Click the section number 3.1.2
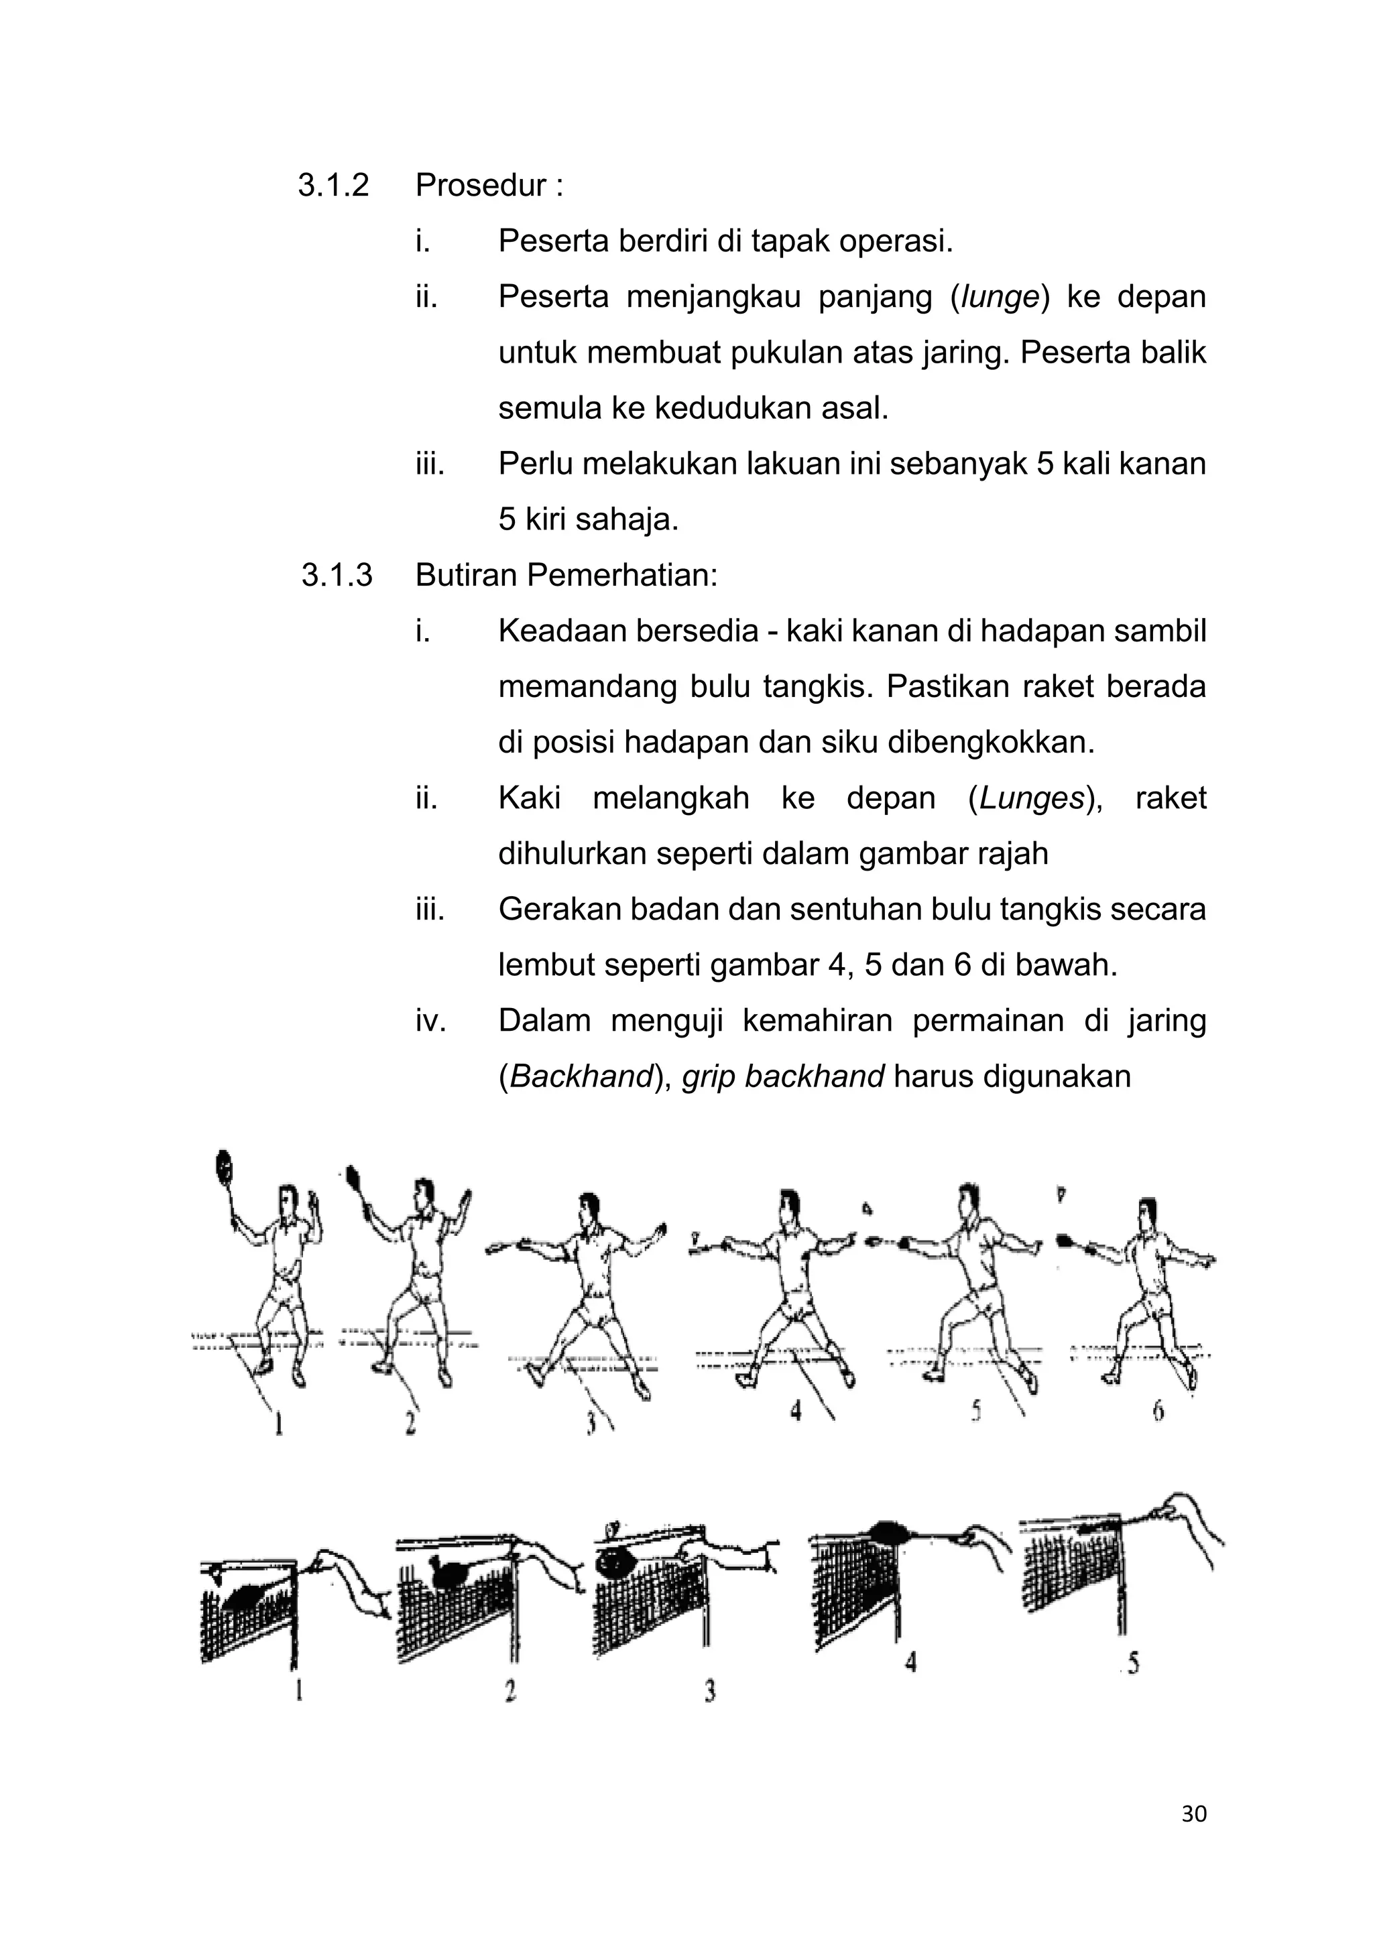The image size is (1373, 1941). click(x=333, y=185)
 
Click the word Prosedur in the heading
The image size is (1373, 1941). click(x=480, y=185)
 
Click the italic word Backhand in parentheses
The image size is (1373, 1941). click(x=582, y=1077)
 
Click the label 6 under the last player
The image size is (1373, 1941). click(x=1159, y=1412)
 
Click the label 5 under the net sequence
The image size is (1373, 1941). click(x=1133, y=1664)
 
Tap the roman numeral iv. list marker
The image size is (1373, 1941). click(x=430, y=1021)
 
